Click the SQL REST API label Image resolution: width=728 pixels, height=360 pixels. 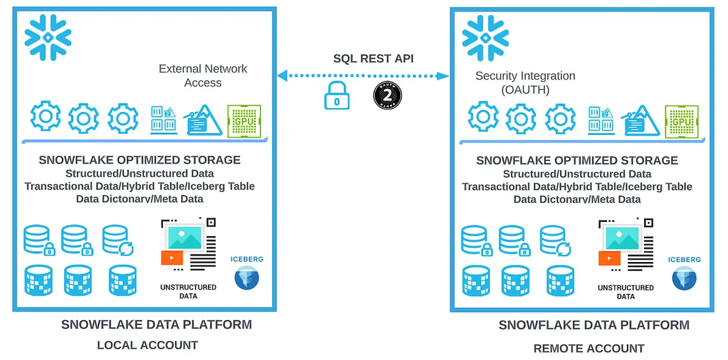(x=373, y=59)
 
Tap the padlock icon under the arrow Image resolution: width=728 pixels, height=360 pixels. (x=337, y=96)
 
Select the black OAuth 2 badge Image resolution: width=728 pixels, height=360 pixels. (x=388, y=95)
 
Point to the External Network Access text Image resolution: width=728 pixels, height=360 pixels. (x=203, y=76)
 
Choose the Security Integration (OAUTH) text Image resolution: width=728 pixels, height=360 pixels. (x=525, y=83)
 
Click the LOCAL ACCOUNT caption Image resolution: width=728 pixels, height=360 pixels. (x=147, y=345)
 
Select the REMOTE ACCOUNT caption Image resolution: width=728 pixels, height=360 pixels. (x=589, y=349)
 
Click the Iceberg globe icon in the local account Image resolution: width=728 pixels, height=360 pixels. (x=246, y=278)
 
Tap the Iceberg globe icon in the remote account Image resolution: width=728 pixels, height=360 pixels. (x=684, y=279)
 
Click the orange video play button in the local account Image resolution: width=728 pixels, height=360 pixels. (x=172, y=258)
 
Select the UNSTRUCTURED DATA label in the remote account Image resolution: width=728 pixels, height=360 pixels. (x=626, y=292)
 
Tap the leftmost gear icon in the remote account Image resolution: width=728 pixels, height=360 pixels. (x=484, y=118)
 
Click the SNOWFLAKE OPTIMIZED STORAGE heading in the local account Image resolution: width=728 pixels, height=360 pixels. (x=139, y=160)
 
